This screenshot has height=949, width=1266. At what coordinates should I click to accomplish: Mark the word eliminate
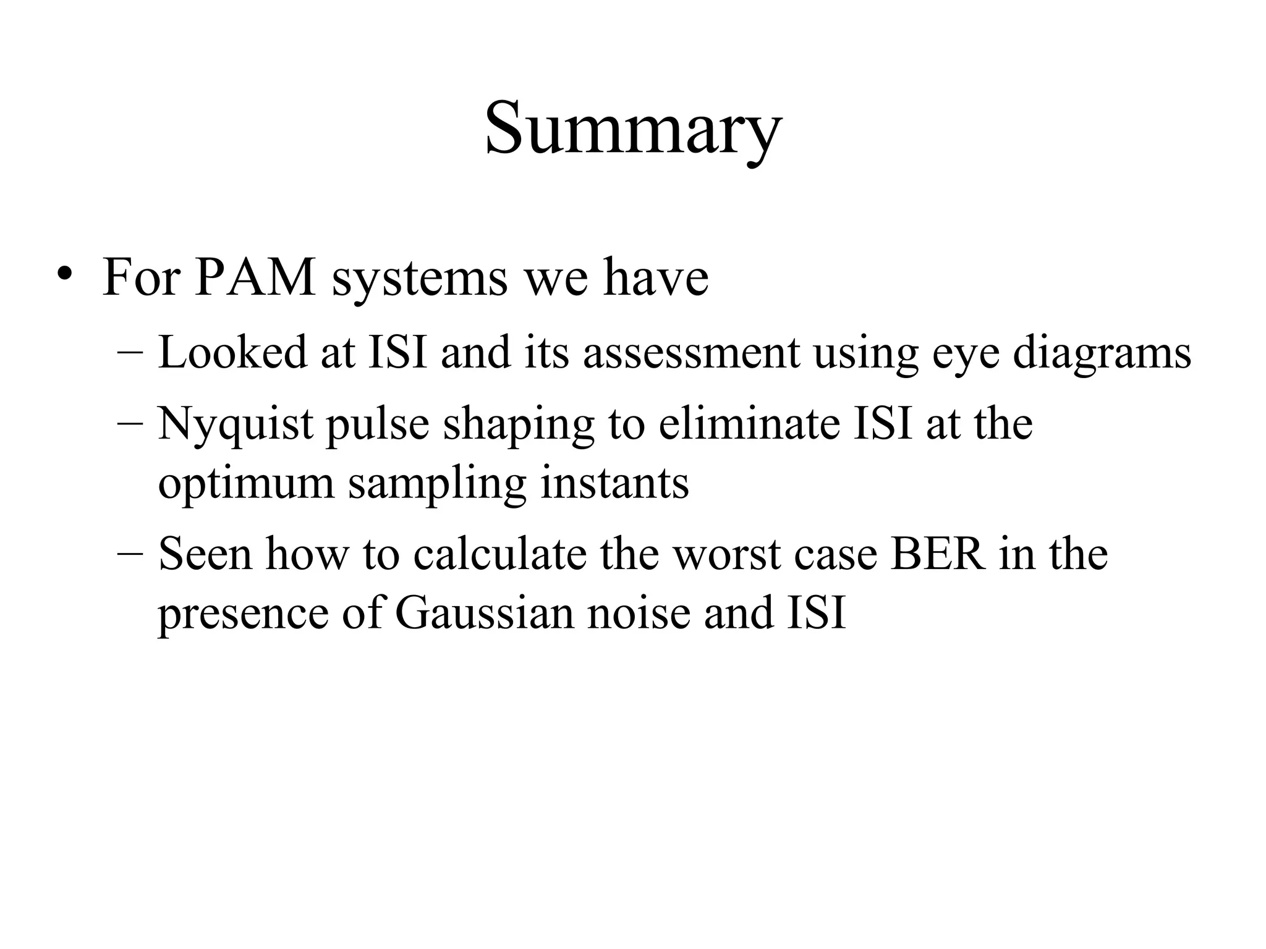coord(749,424)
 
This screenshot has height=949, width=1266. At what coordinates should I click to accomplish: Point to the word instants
coord(614,483)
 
